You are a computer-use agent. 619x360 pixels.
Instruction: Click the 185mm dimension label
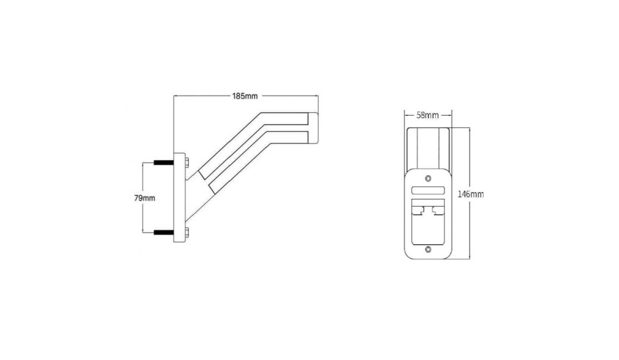coord(245,96)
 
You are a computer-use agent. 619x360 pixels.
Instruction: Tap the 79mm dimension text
coord(145,198)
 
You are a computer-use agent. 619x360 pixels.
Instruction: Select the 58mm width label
coord(427,115)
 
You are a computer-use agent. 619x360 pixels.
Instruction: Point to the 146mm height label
coord(471,194)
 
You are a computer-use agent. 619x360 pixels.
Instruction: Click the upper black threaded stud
coord(164,162)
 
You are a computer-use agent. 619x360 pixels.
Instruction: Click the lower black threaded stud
coord(164,232)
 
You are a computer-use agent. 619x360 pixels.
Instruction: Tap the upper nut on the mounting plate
coord(187,162)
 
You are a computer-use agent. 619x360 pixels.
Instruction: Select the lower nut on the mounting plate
coord(187,232)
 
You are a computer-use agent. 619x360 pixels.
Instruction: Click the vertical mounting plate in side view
coord(179,198)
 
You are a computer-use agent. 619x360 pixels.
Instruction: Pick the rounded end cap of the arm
coord(313,128)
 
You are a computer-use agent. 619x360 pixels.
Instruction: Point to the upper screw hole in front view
coord(428,178)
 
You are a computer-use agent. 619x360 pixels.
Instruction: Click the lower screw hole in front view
coord(428,249)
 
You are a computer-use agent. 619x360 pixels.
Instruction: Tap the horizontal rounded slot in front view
coord(428,190)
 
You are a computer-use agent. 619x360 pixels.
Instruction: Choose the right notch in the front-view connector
coord(438,210)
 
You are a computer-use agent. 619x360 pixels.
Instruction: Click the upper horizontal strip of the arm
coord(284,118)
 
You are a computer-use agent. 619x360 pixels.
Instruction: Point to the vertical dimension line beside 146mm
coord(470,193)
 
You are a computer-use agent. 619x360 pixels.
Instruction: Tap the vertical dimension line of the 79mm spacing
coord(143,198)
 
